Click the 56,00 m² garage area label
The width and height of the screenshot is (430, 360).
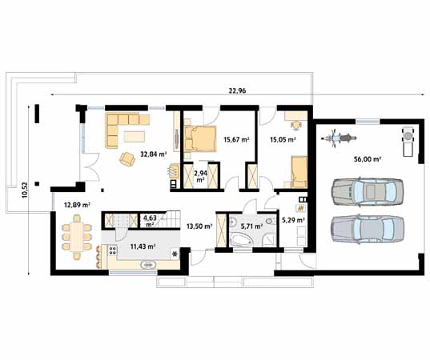(367, 158)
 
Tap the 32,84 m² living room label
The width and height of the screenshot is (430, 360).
(153, 154)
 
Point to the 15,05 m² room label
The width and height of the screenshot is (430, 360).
(283, 139)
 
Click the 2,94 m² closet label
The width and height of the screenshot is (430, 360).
(199, 176)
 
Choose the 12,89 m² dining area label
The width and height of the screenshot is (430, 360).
(77, 205)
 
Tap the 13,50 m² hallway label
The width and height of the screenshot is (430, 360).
(199, 226)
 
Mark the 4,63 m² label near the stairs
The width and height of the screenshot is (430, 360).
(150, 220)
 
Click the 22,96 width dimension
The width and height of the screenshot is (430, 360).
(236, 91)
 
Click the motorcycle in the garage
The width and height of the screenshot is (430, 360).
(341, 138)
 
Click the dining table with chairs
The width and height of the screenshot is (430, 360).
(78, 237)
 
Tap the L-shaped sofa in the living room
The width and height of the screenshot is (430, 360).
(120, 130)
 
